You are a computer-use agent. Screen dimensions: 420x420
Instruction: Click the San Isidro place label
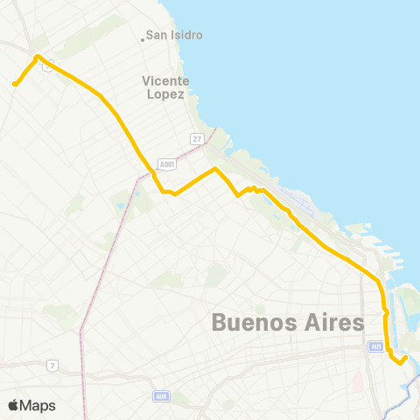pyautogui.click(x=174, y=35)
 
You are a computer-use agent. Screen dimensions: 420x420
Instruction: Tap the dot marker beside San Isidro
pyautogui.click(x=143, y=38)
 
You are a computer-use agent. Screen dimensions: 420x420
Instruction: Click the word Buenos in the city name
pyautogui.click(x=254, y=323)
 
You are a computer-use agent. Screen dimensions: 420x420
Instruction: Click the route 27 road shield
pyautogui.click(x=198, y=139)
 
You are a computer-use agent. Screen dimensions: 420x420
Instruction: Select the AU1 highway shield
pyautogui.click(x=375, y=346)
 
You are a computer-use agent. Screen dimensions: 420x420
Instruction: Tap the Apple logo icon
pyautogui.click(x=13, y=405)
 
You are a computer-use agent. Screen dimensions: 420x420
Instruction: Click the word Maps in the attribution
pyautogui.click(x=38, y=405)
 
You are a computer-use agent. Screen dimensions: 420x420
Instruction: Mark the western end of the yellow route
pyautogui.click(x=15, y=84)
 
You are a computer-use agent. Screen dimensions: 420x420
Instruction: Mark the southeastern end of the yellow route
pyautogui.click(x=406, y=357)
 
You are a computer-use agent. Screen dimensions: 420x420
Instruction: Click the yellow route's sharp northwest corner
pyautogui.click(x=37, y=58)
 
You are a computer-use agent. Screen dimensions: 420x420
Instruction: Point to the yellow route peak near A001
pyautogui.click(x=215, y=169)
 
